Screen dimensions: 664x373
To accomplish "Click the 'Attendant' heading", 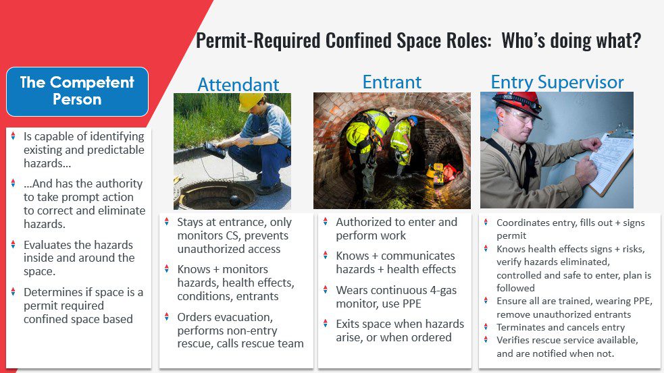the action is [238, 84].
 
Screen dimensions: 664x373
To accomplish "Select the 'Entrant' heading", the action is [392, 82].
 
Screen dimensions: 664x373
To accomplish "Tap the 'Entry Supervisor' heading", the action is [557, 82].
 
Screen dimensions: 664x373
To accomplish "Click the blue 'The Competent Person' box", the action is [77, 91].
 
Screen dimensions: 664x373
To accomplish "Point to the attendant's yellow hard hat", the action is [251, 101].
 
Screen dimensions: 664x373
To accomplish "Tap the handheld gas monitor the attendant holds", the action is [215, 150].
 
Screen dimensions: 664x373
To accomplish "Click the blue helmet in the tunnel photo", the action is [413, 121].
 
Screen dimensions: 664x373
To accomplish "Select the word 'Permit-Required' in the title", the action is [258, 41].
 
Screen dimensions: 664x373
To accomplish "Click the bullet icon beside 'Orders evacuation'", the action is [167, 316].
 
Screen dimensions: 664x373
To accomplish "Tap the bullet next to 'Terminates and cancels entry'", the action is [486, 326].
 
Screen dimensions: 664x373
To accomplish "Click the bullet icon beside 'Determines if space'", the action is [13, 291].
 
